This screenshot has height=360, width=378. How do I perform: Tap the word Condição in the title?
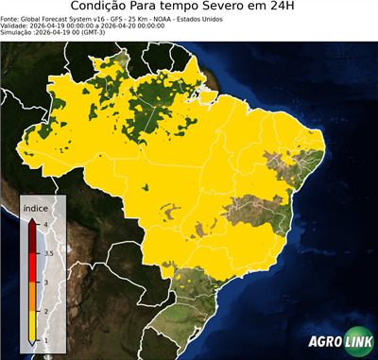[x=102, y=9]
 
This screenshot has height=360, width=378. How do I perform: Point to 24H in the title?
[x=292, y=9]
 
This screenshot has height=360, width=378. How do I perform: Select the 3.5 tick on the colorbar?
[x=48, y=253]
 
